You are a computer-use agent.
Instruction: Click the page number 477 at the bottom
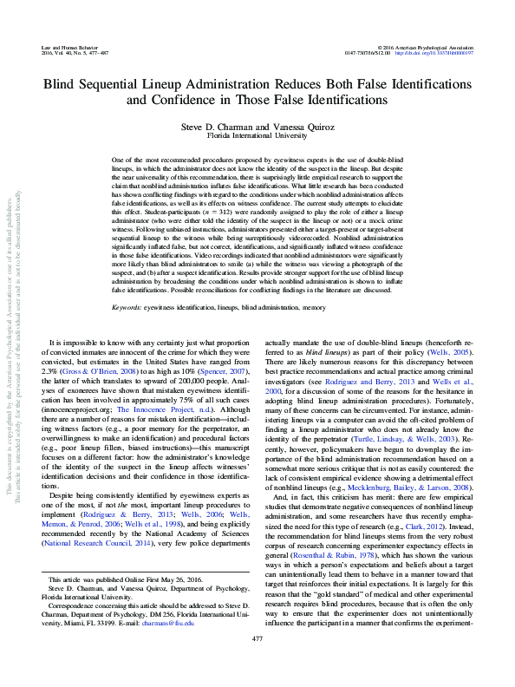257,663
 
